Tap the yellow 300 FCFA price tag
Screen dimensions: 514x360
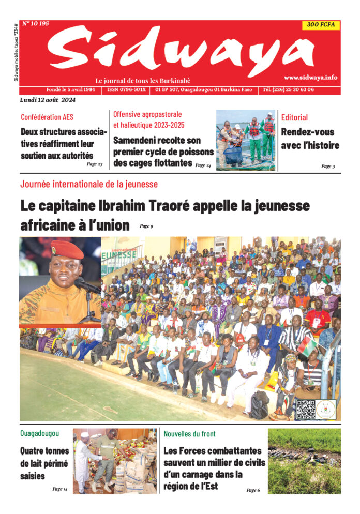(321, 25)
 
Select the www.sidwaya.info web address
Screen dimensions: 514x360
(310, 77)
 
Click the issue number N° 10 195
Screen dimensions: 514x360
(36, 24)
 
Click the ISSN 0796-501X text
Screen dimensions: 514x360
(127, 89)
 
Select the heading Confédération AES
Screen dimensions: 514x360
(47, 117)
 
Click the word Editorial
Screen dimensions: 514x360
(294, 117)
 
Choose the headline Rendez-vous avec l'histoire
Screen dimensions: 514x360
(310, 139)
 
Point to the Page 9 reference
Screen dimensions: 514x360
(146, 226)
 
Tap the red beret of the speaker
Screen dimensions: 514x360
(67, 250)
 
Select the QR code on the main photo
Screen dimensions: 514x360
(305, 409)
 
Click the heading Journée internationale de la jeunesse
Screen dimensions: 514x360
(89, 184)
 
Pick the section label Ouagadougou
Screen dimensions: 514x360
(39, 433)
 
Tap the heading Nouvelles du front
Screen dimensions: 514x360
(190, 433)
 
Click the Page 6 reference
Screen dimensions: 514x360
(253, 490)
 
